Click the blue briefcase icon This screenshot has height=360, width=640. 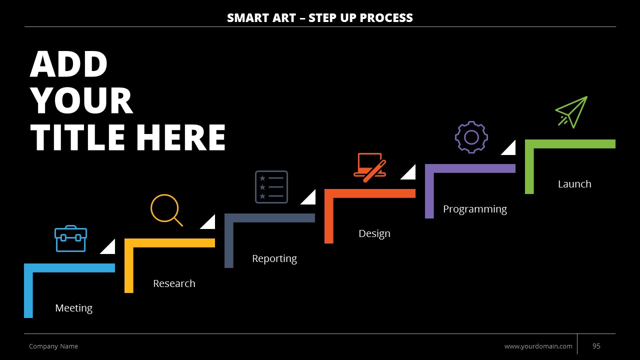(70, 239)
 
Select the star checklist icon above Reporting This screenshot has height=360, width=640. (271, 187)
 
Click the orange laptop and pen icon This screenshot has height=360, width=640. (369, 167)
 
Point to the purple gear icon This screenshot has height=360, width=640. (471, 137)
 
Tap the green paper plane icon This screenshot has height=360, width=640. (571, 112)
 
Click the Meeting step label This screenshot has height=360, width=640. (73, 308)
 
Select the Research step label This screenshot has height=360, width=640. (174, 283)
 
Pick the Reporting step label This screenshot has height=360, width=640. (274, 259)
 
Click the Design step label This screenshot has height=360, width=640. (374, 233)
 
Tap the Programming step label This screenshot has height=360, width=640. (475, 209)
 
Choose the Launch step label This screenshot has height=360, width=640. (574, 184)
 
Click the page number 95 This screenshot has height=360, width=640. (596, 346)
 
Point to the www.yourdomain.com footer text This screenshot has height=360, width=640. (538, 346)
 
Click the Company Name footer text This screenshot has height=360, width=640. (53, 346)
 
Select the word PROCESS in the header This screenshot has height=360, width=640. (386, 17)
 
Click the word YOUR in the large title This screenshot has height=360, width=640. (81, 100)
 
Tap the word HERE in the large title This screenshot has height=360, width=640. (180, 137)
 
